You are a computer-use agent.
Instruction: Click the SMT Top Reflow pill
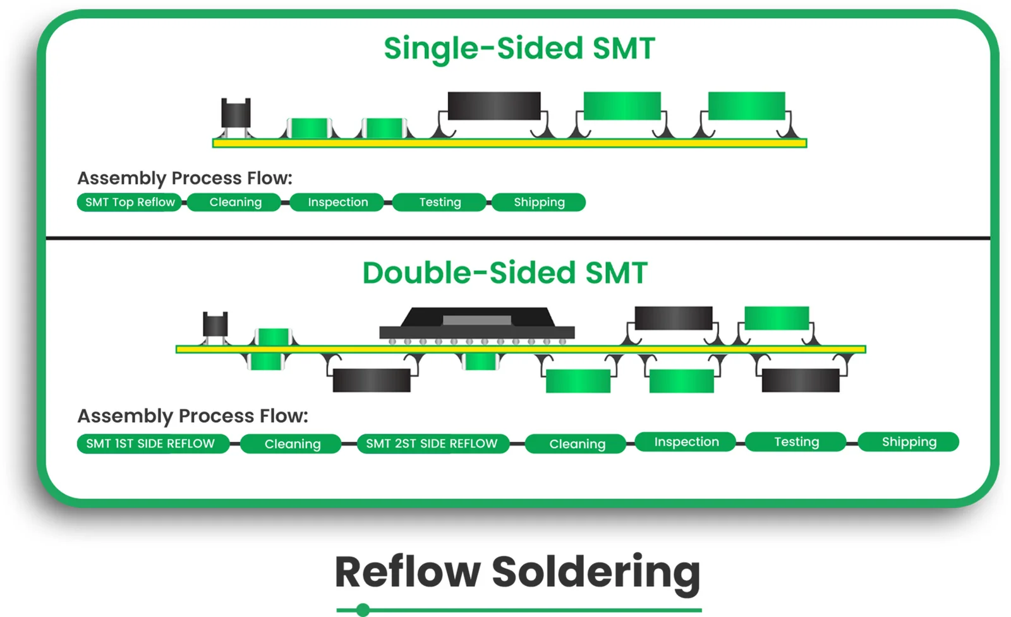point(130,202)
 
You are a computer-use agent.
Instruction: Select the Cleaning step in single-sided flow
point(235,202)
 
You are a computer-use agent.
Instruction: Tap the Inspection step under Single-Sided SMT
point(337,202)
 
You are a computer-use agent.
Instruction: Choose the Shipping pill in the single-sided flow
point(539,202)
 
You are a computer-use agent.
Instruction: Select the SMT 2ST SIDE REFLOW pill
point(432,443)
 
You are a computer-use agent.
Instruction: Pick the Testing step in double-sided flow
point(796,441)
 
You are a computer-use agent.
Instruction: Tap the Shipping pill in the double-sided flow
point(909,441)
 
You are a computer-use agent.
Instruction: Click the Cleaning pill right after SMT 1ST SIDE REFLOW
point(292,444)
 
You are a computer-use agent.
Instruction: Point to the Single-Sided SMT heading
point(519,49)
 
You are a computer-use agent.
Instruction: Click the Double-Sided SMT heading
point(505,273)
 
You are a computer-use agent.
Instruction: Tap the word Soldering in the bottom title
point(596,572)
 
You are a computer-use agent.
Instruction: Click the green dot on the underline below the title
point(363,609)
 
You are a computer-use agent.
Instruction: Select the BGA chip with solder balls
point(477,323)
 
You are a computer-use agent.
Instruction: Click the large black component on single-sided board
point(494,105)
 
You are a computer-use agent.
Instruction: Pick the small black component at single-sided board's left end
point(236,114)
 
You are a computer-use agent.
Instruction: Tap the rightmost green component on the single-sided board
point(746,105)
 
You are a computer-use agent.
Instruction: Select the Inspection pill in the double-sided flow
point(686,441)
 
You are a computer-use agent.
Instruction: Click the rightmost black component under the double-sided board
point(801,380)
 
